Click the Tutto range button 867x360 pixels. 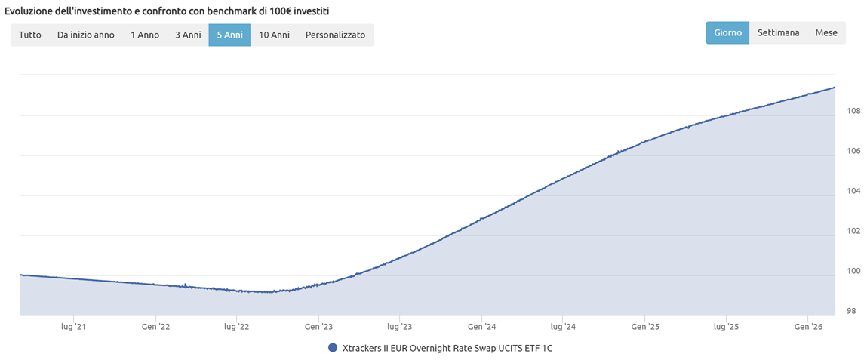(x=30, y=35)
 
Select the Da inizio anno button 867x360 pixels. (x=86, y=35)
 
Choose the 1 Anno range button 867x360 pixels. (x=145, y=35)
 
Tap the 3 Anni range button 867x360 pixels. (x=188, y=35)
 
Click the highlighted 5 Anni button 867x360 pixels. (x=229, y=35)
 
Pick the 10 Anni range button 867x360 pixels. (x=274, y=35)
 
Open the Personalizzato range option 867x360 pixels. (x=335, y=35)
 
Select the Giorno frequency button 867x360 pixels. (x=727, y=33)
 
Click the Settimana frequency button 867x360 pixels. (x=778, y=33)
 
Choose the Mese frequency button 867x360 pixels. (x=826, y=33)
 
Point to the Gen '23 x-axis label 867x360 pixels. (x=318, y=327)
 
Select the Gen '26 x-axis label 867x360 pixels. (x=807, y=327)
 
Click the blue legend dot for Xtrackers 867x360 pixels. (x=333, y=348)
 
